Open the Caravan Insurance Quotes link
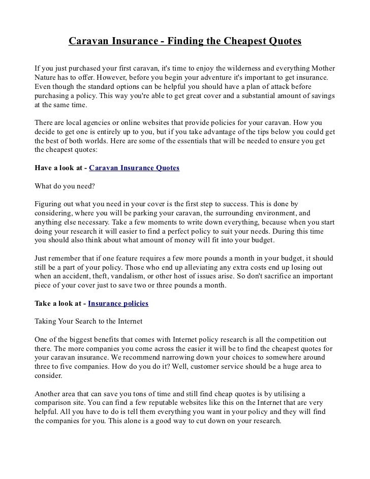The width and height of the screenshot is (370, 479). [x=134, y=167]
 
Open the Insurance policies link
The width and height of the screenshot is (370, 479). [x=118, y=303]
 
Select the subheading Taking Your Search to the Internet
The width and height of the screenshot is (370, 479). [x=87, y=322]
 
